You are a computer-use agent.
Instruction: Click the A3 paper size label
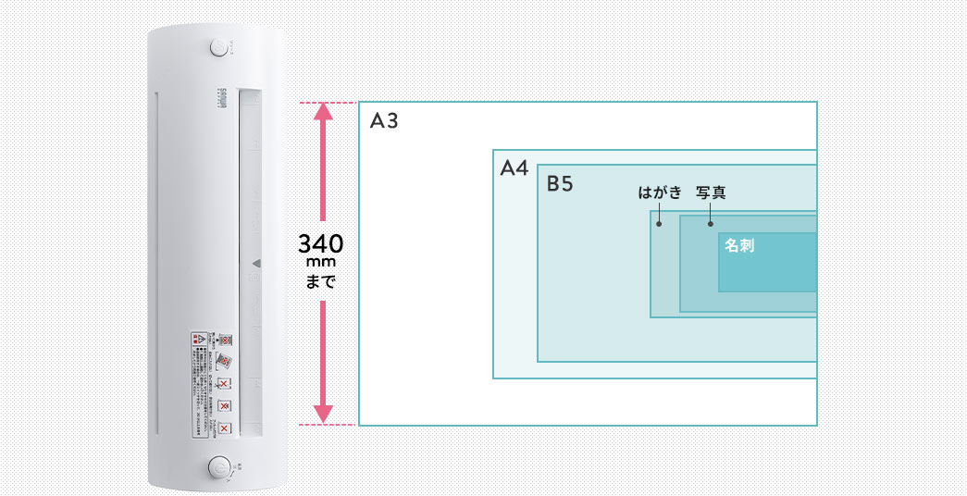(384, 121)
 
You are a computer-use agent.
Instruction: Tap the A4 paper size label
(514, 168)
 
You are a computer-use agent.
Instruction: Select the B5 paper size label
(560, 183)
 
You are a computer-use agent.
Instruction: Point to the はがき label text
(660, 193)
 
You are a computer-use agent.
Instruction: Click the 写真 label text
(711, 193)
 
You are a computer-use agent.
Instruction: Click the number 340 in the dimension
(321, 245)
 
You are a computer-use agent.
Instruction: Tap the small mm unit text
(321, 263)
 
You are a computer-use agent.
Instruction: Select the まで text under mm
(321, 279)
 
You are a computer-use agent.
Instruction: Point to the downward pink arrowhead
(322, 414)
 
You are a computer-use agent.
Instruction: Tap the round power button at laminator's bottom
(220, 468)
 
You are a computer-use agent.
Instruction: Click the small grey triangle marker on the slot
(256, 263)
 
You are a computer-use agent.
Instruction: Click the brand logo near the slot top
(220, 95)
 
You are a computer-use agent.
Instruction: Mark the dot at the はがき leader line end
(659, 224)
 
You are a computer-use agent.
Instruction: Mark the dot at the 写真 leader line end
(711, 224)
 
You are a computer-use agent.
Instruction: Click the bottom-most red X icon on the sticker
(225, 429)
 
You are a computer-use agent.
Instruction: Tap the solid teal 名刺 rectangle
(767, 268)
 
